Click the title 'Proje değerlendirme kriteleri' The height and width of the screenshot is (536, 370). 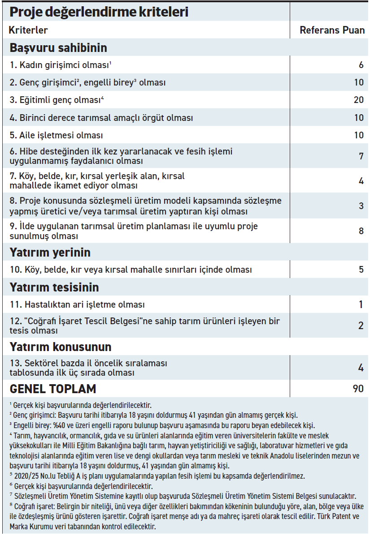tap(99, 12)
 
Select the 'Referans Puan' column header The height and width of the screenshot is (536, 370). tap(332, 30)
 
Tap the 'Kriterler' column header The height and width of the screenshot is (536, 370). tap(28, 30)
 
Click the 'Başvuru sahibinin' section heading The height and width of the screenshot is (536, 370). tap(58, 47)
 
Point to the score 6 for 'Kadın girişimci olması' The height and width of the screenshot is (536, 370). tap(361, 65)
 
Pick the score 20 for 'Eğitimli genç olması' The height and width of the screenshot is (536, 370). tap(358, 100)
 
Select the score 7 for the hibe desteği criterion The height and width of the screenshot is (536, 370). tap(361, 156)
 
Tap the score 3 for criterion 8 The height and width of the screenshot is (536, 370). tap(361, 206)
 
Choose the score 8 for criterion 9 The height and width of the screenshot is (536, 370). tap(361, 231)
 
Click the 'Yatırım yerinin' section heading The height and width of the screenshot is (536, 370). tap(50, 253)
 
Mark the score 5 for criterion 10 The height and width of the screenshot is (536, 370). tap(361, 270)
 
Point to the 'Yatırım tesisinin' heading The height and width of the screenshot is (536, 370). tap(54, 287)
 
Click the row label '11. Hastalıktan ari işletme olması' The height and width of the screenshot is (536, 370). tap(77, 305)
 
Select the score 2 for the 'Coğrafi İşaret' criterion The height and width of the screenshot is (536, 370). tap(361, 326)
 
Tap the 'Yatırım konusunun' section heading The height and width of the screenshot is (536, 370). tap(61, 347)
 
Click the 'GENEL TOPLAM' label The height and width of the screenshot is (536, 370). tap(53, 388)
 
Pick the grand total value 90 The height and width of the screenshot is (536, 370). tap(358, 388)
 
